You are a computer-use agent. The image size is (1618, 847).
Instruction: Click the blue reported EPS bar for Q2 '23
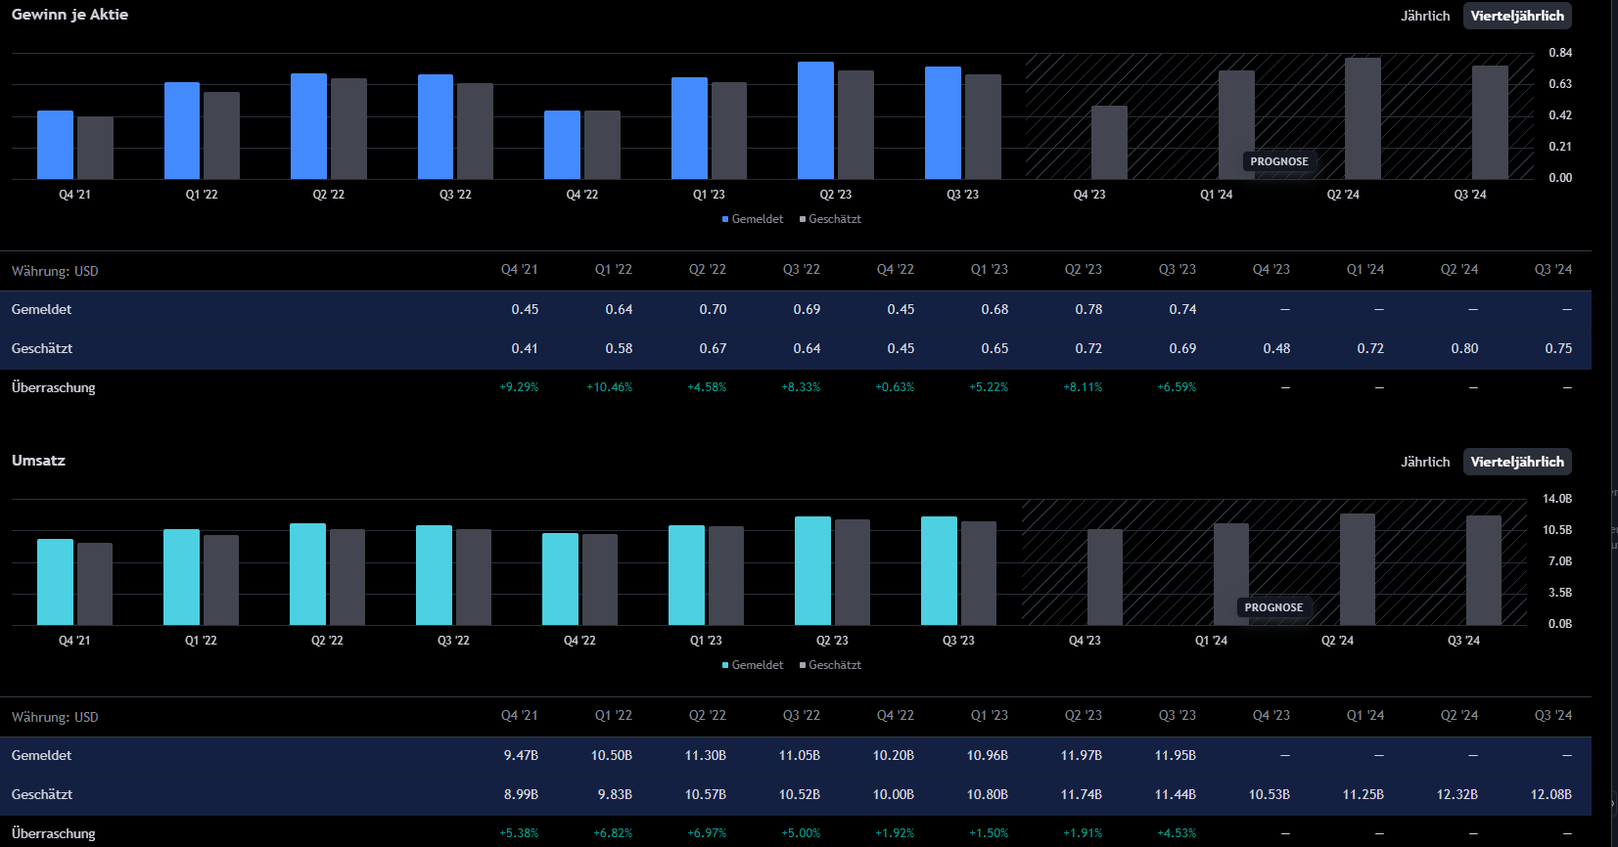815,120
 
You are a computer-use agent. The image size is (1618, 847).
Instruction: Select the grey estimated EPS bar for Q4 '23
1109,143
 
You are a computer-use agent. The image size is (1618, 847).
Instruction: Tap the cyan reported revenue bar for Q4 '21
55,582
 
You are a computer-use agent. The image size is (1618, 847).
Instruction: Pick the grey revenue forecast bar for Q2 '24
1357,569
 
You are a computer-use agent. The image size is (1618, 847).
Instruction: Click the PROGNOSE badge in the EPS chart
1278,161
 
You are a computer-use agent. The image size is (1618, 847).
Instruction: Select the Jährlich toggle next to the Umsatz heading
1424,462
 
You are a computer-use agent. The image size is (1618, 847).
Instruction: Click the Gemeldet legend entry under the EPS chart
753,219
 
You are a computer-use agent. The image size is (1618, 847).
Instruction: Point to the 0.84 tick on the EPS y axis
1560,53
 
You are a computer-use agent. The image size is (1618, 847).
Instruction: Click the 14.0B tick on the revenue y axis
1557,499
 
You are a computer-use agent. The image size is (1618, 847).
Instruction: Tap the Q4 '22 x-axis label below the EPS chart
582,195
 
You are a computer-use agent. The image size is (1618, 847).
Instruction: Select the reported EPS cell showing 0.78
1088,309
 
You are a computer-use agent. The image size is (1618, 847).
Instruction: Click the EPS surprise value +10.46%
609,387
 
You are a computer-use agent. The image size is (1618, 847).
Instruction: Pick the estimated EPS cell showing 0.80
1464,348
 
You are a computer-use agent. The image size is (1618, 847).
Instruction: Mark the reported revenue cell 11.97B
1082,755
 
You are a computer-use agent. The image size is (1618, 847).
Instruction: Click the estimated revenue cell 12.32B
1456,794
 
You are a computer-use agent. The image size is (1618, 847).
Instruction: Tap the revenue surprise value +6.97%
707,833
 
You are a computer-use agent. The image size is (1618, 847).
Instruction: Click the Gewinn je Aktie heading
69,15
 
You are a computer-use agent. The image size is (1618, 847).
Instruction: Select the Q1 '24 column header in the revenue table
1365,716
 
